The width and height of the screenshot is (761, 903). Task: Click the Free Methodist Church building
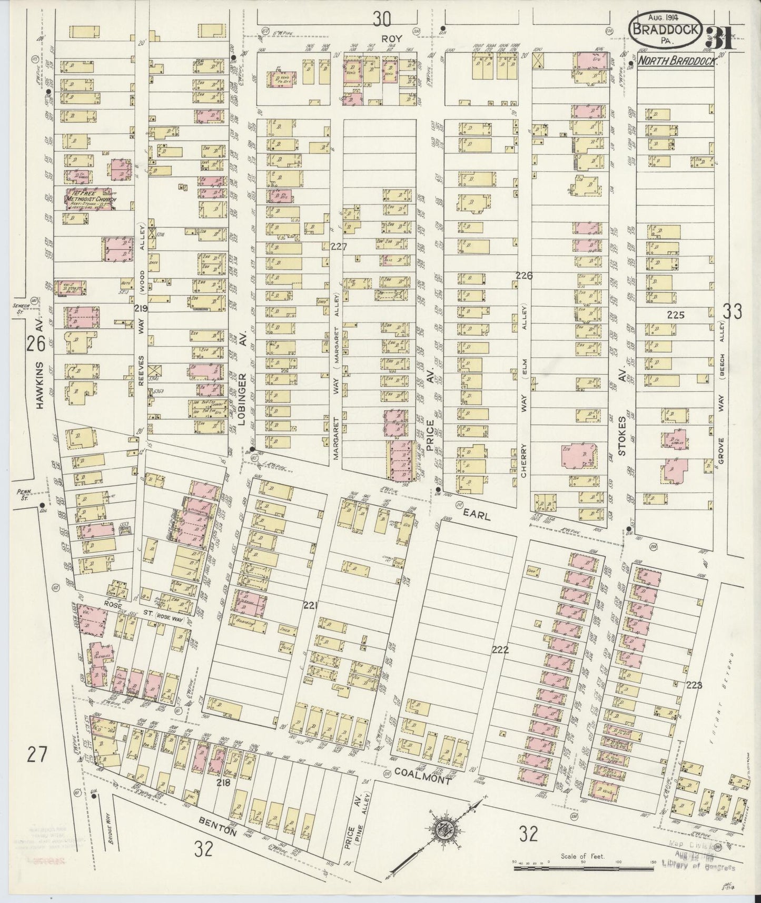click(88, 200)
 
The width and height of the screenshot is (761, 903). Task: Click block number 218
click(224, 783)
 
